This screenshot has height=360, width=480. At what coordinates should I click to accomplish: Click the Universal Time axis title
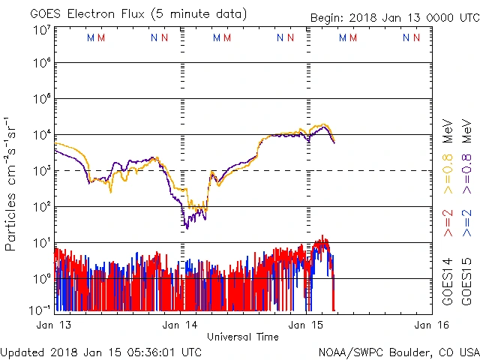242,337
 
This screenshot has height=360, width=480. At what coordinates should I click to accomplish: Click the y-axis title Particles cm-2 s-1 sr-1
11,184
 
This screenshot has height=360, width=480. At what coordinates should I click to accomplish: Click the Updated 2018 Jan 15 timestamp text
101,352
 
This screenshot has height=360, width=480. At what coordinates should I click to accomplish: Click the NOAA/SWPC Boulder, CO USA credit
398,352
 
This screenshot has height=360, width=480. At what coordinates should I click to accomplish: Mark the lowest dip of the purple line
187,226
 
